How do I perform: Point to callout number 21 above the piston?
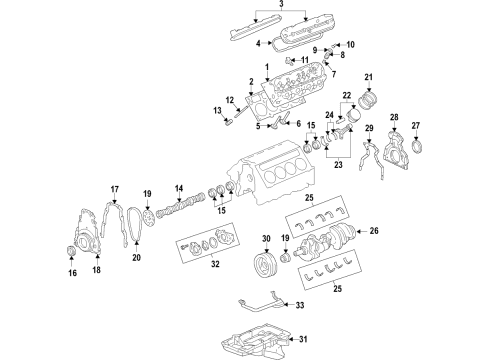(x=367, y=78)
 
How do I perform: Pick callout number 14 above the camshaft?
(x=180, y=189)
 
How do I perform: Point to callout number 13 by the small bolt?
(x=215, y=110)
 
